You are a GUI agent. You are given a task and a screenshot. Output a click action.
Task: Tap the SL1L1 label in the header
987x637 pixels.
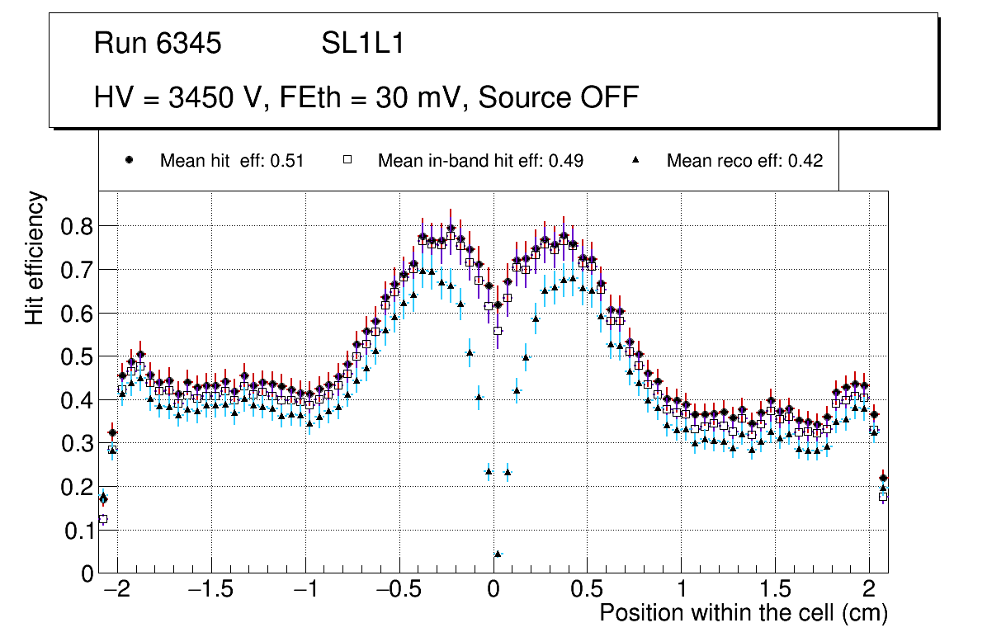pyautogui.click(x=362, y=44)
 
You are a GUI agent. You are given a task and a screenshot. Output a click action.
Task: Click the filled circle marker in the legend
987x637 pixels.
pyautogui.click(x=129, y=160)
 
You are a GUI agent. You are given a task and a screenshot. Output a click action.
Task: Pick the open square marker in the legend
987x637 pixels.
pyautogui.click(x=347, y=160)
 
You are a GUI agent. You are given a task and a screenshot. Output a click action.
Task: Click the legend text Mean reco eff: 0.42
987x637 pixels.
pyautogui.click(x=744, y=161)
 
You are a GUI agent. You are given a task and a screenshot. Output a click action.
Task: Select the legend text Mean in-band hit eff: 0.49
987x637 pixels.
pyautogui.click(x=480, y=161)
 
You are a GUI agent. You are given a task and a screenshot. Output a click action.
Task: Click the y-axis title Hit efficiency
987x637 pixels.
pyautogui.click(x=35, y=257)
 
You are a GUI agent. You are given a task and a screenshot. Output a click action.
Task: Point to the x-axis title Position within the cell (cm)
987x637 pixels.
pyautogui.click(x=744, y=613)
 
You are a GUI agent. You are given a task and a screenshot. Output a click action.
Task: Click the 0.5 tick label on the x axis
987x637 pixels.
pyautogui.click(x=588, y=591)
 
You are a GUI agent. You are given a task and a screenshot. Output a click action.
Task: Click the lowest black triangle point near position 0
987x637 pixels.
pyautogui.click(x=498, y=554)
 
